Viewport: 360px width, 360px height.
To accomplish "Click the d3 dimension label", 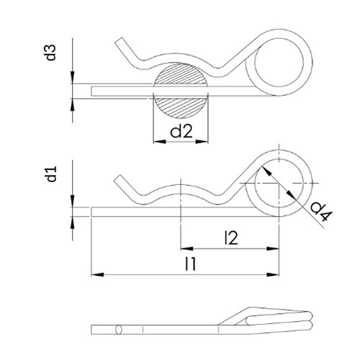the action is (x=51, y=53).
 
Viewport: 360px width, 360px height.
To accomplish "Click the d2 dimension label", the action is (x=181, y=132).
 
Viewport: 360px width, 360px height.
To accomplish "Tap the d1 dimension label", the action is (x=51, y=174).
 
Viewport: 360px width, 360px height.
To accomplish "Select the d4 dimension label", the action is (x=321, y=212).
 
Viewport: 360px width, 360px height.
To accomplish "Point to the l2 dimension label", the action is (x=231, y=238).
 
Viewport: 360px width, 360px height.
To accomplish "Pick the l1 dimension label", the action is (x=191, y=264).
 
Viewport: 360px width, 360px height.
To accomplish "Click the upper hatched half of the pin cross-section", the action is (x=181, y=73).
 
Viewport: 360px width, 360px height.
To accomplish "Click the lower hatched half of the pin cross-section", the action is (x=181, y=107).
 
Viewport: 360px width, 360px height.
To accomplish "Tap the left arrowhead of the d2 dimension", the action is (x=159, y=142).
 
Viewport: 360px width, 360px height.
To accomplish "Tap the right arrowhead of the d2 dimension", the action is (x=202, y=142).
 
